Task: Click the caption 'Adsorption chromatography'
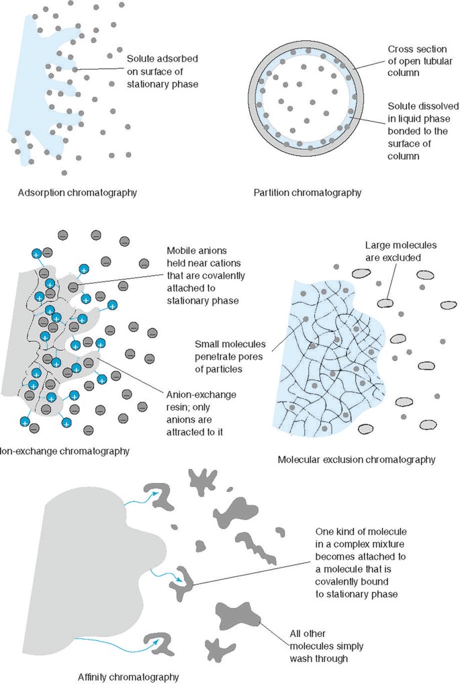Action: [x=78, y=193]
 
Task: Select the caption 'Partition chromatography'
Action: [x=308, y=193]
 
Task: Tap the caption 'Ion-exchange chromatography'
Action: [x=64, y=451]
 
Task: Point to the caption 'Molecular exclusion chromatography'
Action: [x=356, y=460]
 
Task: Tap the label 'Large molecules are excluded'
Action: [x=394, y=251]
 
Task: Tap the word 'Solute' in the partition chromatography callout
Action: [x=402, y=107]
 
